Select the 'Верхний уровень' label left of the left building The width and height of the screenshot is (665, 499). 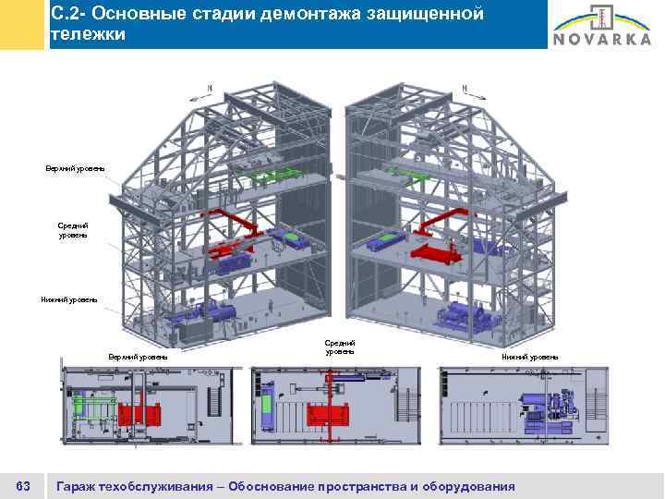click(x=75, y=168)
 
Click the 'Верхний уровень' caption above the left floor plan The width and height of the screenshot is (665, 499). click(x=138, y=357)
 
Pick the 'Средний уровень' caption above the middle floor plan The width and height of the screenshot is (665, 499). click(x=340, y=347)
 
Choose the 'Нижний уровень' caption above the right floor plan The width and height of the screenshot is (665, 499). click(x=530, y=357)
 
